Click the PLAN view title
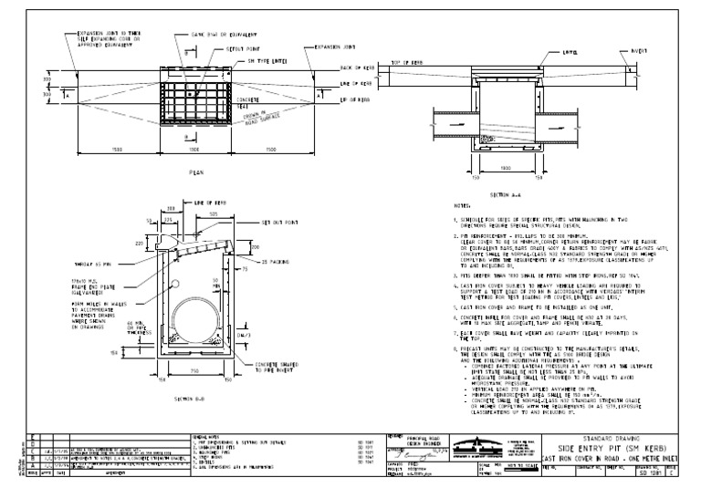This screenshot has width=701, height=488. [x=194, y=171]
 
